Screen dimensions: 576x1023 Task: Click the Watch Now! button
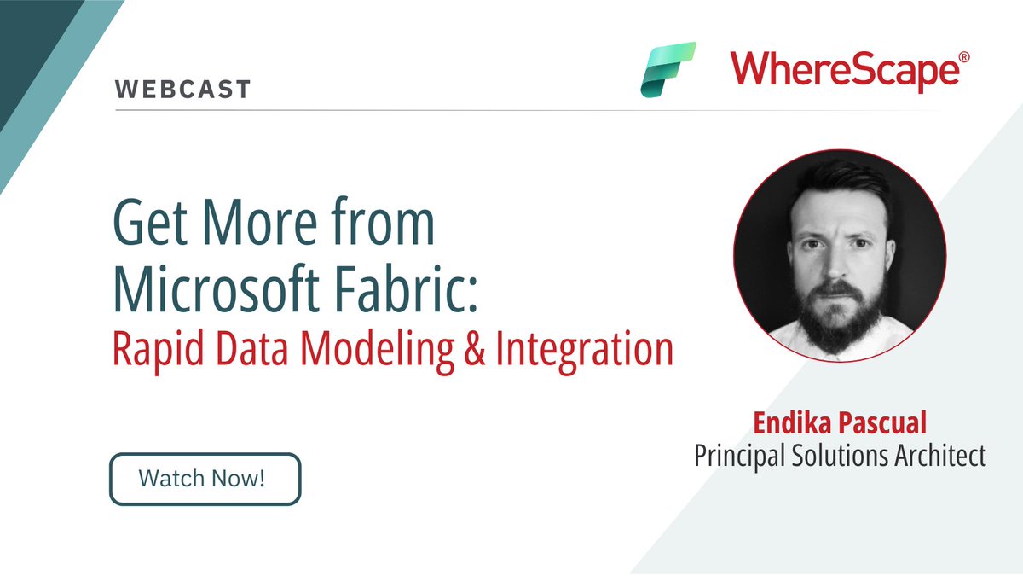click(x=205, y=479)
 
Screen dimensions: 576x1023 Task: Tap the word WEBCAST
click(x=182, y=89)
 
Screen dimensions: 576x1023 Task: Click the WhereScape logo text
click(x=843, y=73)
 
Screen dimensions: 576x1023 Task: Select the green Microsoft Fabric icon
click(x=668, y=68)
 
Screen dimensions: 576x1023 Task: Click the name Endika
click(x=785, y=422)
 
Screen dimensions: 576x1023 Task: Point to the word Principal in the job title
click(x=744, y=455)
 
